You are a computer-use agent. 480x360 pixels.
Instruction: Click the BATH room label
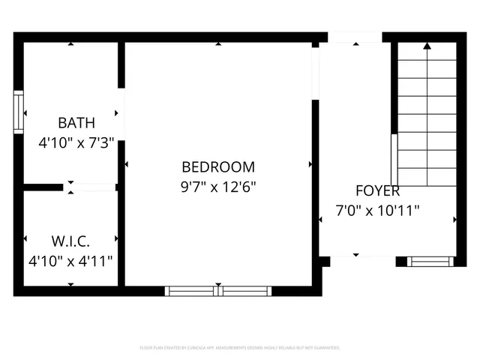tap(76, 122)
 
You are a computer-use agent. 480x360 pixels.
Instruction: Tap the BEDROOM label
tap(218, 167)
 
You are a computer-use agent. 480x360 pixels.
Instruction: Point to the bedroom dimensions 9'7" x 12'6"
tap(218, 187)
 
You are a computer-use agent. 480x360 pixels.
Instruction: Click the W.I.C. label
tap(70, 241)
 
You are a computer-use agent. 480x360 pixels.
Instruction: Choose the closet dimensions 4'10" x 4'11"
tap(70, 261)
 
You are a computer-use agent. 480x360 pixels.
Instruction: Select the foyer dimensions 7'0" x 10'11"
tap(376, 211)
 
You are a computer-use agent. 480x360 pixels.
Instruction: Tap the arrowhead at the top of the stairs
tap(427, 46)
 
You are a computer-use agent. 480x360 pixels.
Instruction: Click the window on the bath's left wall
tap(19, 112)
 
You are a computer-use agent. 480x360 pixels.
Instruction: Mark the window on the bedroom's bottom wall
tap(218, 291)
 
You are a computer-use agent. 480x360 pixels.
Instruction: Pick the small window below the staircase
tap(430, 262)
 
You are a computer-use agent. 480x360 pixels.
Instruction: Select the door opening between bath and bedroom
tap(121, 112)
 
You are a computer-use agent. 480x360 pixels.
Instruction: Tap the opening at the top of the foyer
tap(355, 37)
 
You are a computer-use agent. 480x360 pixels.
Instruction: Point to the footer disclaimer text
tap(240, 348)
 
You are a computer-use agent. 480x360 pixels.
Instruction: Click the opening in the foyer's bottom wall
tap(363, 261)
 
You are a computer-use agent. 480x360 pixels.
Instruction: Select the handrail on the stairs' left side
tap(394, 160)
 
